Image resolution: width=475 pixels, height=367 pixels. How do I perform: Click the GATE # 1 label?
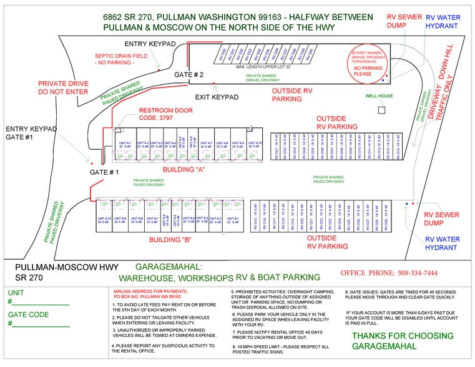104,172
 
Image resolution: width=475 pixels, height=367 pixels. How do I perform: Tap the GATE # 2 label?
189,74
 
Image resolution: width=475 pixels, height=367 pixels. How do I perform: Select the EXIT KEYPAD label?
217,97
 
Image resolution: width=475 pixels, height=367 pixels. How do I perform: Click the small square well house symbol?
382,109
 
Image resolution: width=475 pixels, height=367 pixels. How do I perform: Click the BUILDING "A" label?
185,169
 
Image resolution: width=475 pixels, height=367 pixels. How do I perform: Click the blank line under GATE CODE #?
39,325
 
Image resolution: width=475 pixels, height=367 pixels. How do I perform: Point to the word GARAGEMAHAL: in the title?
150,267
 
